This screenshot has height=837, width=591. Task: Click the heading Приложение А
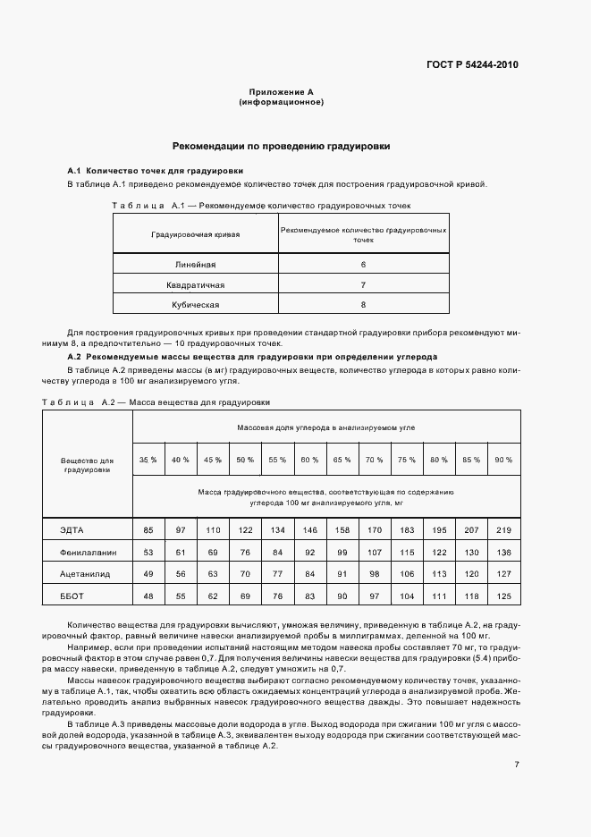pyautogui.click(x=281, y=92)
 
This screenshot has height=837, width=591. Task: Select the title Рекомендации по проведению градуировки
pyautogui.click(x=281, y=146)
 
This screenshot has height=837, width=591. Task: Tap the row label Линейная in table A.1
pyautogui.click(x=195, y=265)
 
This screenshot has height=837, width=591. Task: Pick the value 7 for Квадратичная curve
pyautogui.click(x=363, y=284)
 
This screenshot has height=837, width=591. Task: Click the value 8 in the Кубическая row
pyautogui.click(x=363, y=304)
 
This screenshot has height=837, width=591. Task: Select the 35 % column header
pyautogui.click(x=148, y=459)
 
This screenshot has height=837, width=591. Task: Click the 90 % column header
pyautogui.click(x=503, y=459)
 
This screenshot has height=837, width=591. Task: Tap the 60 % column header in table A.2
pyautogui.click(x=309, y=459)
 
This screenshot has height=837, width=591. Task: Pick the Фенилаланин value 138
pyautogui.click(x=503, y=553)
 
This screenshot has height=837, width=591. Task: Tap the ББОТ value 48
pyautogui.click(x=148, y=596)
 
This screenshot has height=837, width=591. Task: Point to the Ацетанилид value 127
pyautogui.click(x=503, y=574)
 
